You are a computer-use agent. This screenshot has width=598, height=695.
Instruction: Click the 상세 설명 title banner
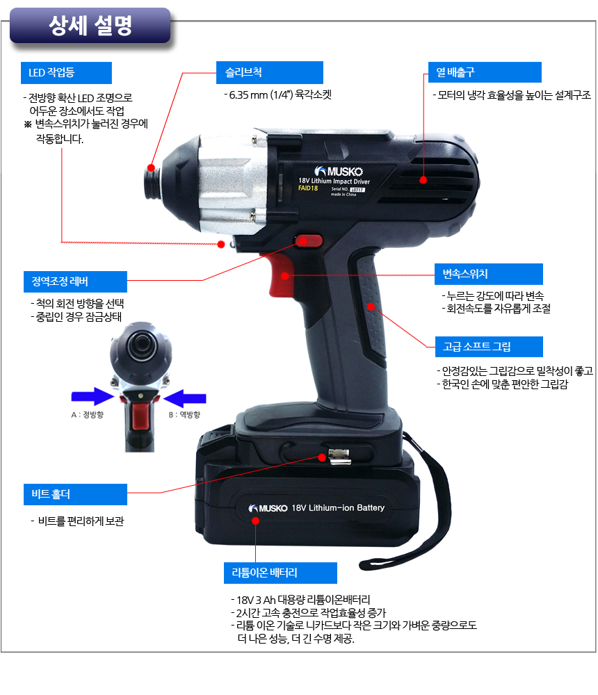90,25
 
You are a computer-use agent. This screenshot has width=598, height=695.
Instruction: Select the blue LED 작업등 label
66,73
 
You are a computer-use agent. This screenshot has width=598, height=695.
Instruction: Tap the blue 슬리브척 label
269,72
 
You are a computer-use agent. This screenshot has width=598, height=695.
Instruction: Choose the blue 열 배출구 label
485,72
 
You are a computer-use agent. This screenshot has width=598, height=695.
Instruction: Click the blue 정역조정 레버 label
75,281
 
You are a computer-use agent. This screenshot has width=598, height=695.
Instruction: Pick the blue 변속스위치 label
488,274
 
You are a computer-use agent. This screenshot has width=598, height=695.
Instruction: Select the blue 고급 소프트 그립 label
489,347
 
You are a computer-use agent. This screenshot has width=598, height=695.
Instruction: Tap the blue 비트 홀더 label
76,494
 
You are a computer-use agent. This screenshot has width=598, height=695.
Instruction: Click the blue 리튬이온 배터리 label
280,573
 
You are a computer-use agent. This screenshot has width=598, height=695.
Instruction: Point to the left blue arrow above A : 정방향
92,396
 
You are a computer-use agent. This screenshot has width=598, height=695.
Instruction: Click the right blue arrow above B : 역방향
185,398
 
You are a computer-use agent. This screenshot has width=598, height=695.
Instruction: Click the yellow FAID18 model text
308,188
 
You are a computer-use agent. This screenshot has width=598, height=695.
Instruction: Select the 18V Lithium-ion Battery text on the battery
338,507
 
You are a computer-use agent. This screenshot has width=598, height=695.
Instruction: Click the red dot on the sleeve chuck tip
151,167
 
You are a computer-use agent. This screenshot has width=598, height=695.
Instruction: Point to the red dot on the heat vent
423,179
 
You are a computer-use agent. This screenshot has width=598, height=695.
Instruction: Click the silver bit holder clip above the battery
339,457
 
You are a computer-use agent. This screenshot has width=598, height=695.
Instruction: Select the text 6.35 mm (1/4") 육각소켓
277,95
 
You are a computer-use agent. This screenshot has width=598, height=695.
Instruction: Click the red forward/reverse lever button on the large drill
309,241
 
